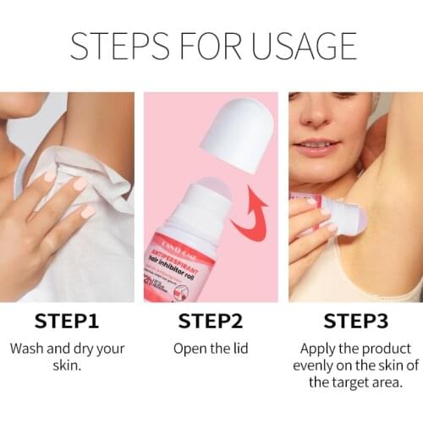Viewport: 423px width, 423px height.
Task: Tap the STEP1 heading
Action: pyautogui.click(x=69, y=322)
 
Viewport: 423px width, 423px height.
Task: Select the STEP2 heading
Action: pyautogui.click(x=211, y=322)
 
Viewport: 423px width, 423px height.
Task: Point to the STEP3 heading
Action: pyautogui.click(x=355, y=322)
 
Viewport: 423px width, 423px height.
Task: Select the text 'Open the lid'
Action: pyautogui.click(x=211, y=349)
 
